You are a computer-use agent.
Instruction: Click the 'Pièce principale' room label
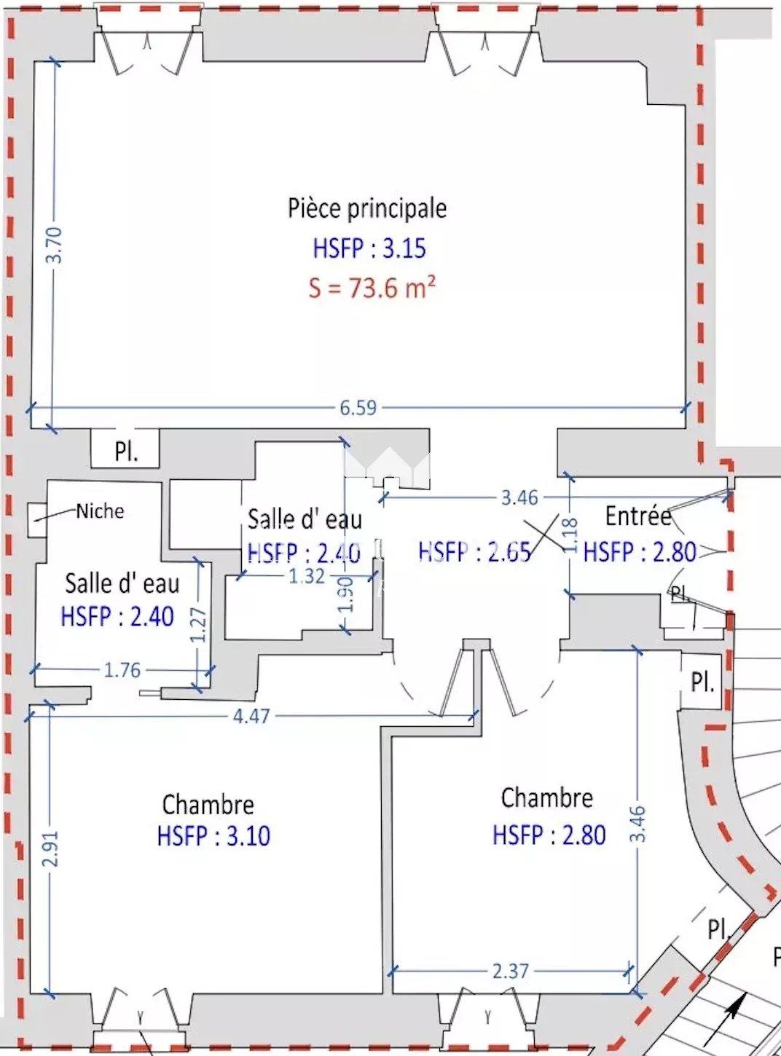367,209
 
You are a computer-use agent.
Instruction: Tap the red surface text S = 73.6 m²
372,288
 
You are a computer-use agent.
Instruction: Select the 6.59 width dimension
358,408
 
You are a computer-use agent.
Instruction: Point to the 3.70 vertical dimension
56,245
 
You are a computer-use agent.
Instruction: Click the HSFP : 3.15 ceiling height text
369,248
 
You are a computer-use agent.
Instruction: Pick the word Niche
100,511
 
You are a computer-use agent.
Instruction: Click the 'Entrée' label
638,516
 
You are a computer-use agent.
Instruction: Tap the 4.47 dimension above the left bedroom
251,716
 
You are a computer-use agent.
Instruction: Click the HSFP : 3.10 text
214,835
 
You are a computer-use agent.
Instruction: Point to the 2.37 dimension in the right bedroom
510,972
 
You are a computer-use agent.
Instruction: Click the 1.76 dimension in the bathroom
122,670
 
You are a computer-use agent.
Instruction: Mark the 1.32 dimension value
307,576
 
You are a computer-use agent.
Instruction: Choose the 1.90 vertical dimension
348,595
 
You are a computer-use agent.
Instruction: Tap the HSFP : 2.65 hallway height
474,551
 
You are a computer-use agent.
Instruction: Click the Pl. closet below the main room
125,448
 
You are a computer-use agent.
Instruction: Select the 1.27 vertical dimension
200,625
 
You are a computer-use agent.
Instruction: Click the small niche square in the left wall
37,520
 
